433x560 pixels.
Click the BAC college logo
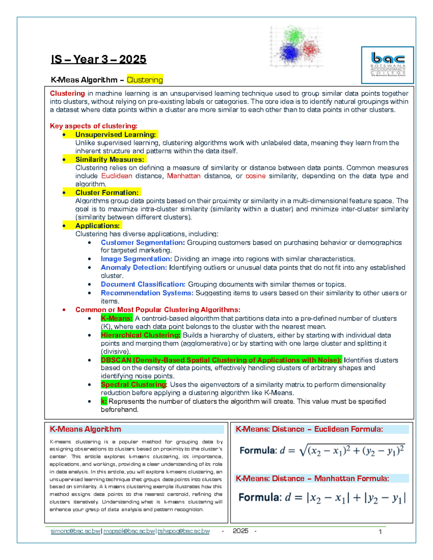pyautogui.click(x=388, y=65)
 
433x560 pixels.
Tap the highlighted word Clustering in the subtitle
pyautogui.click(x=145, y=80)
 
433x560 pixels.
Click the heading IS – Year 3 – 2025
pyautogui.click(x=99, y=59)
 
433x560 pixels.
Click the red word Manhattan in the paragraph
pyautogui.click(x=184, y=176)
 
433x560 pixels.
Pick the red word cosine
pyautogui.click(x=255, y=176)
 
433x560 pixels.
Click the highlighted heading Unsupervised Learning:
pyautogui.click(x=115, y=135)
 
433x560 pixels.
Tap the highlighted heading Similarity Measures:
pyautogui.click(x=110, y=159)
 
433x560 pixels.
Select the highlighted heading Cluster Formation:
pyautogui.click(x=107, y=193)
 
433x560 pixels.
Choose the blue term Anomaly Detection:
pyautogui.click(x=134, y=268)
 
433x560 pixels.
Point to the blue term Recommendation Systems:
pyautogui.click(x=147, y=293)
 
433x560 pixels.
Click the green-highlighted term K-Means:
pyautogui.click(x=117, y=318)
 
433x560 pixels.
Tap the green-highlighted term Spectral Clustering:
pyautogui.click(x=134, y=385)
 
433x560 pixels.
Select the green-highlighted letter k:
pyautogui.click(x=104, y=401)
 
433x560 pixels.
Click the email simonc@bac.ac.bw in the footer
pyautogui.click(x=75, y=531)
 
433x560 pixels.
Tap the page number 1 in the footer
pyautogui.click(x=380, y=532)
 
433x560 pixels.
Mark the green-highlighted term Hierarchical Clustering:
pyautogui.click(x=140, y=335)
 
